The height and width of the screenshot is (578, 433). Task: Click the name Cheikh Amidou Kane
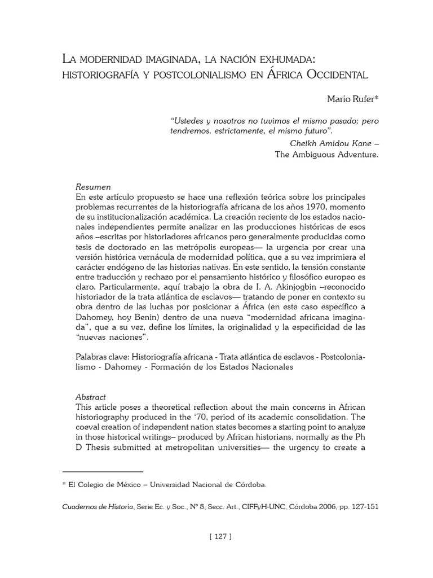[x=331, y=143]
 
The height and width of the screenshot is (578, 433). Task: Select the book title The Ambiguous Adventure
[x=326, y=154]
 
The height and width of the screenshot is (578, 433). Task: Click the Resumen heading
[x=93, y=187]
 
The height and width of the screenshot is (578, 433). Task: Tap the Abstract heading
[x=91, y=397]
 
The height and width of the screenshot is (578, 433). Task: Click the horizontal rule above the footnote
[x=103, y=471]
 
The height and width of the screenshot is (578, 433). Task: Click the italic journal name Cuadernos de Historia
[x=97, y=507]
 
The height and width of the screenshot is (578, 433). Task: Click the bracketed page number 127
[x=220, y=536]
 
